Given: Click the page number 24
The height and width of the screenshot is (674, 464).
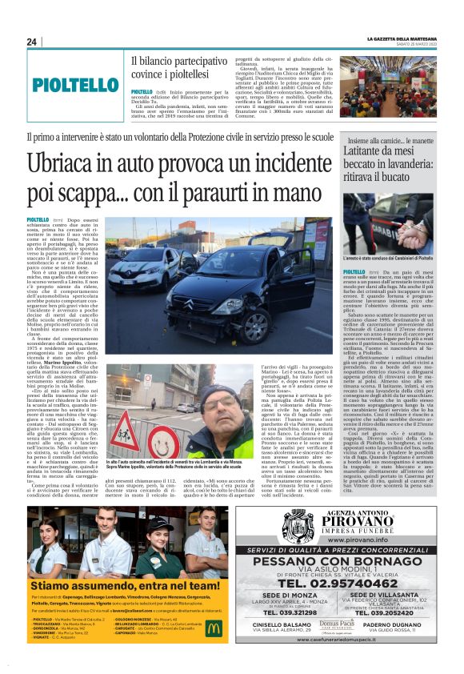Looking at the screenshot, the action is click(31, 42).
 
